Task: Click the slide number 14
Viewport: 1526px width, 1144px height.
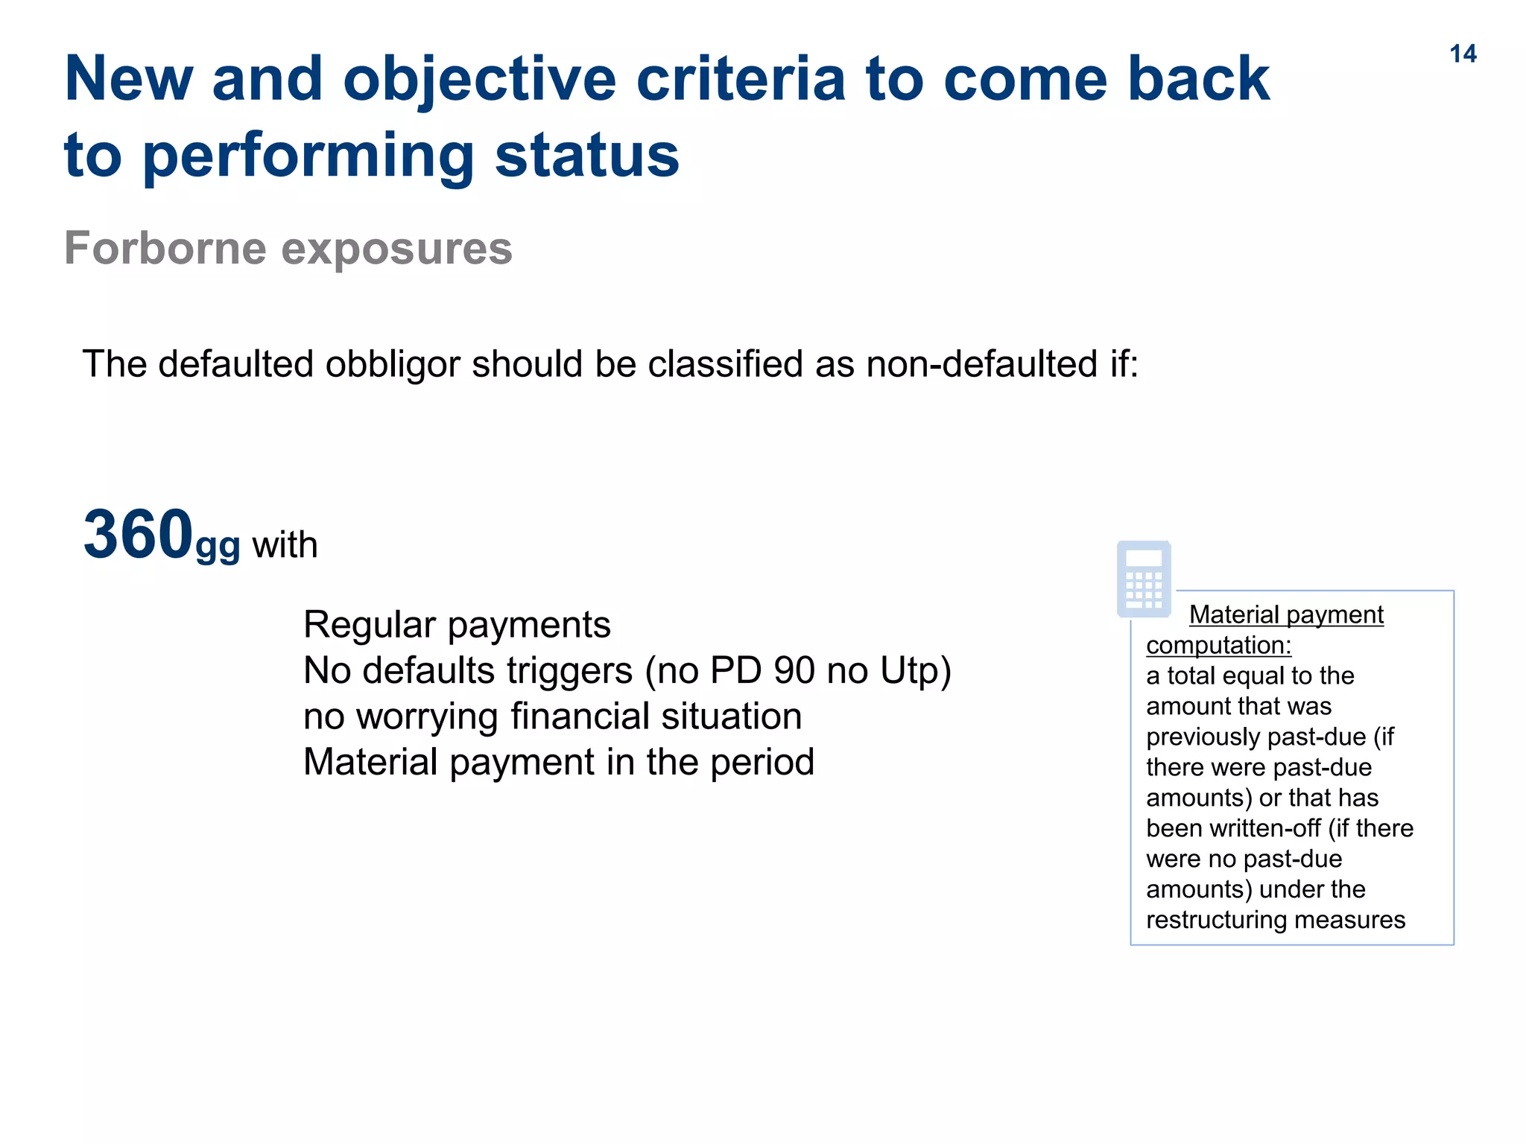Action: point(1463,54)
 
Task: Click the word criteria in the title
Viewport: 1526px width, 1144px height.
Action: point(741,79)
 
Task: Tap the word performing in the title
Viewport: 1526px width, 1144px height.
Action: point(308,156)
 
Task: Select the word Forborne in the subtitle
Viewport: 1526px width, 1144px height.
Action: point(165,248)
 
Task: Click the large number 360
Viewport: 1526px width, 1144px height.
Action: point(139,535)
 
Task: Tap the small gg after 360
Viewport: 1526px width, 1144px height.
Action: point(218,547)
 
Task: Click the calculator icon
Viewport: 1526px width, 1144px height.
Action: point(1144,579)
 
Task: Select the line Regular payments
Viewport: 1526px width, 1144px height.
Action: point(457,624)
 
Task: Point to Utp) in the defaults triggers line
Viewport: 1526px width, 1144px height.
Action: point(916,670)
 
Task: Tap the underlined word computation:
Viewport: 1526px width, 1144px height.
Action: point(1218,645)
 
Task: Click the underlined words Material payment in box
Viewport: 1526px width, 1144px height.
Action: point(1286,614)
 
